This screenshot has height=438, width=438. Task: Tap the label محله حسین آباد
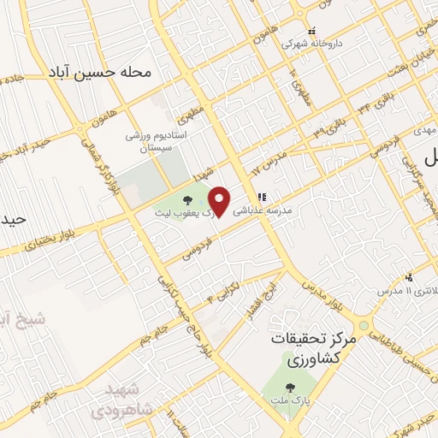coord(113,73)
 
